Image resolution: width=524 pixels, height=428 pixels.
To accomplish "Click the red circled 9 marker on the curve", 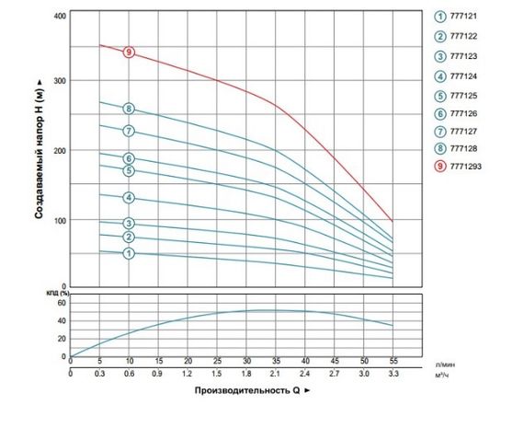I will click(130, 52).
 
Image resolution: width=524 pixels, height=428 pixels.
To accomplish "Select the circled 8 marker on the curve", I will click(130, 109).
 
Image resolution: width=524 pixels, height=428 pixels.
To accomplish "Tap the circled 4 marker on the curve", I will click(130, 198).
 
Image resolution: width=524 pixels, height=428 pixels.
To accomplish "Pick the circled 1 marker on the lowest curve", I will click(130, 252).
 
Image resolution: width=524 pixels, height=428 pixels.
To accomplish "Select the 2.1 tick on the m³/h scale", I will click(275, 375).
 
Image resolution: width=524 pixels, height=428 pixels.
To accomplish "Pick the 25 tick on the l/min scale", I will click(217, 362).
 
